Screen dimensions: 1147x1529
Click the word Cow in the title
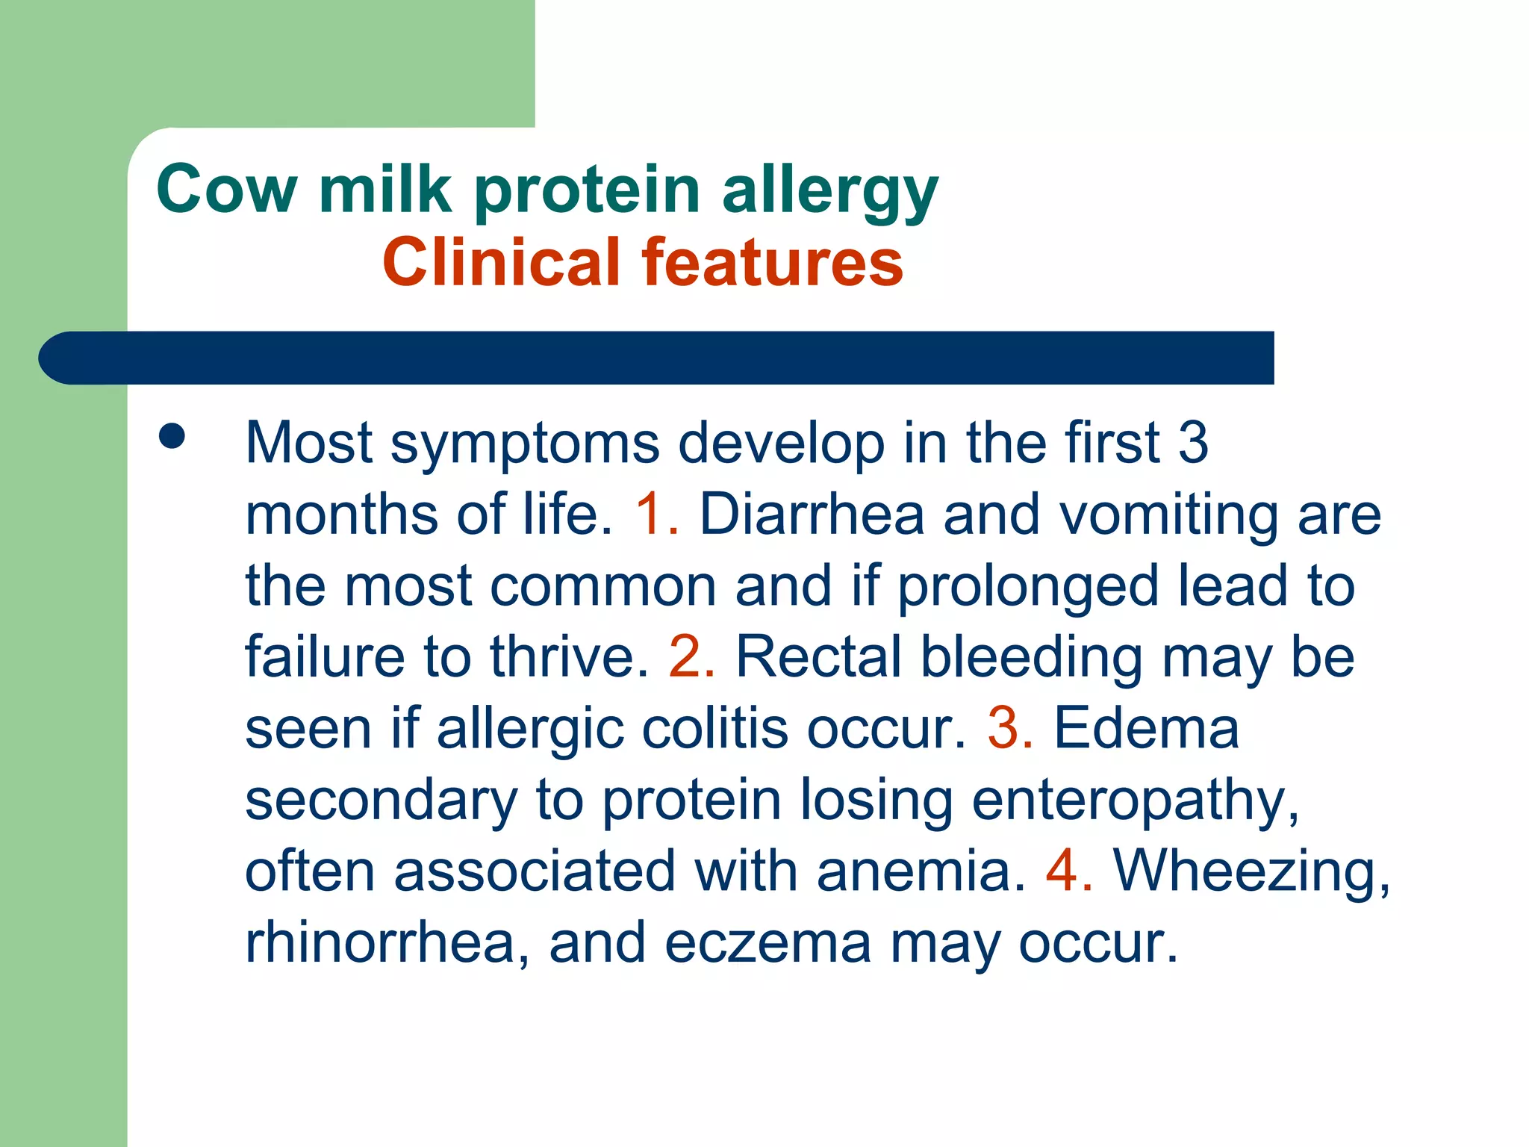click(x=227, y=190)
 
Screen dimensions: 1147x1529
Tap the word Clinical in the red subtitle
click(x=502, y=262)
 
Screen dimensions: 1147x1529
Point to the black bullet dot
click(x=172, y=437)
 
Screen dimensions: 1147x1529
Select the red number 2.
click(x=688, y=657)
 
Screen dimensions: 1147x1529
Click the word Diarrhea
click(x=812, y=515)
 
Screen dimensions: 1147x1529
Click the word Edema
click(x=1146, y=728)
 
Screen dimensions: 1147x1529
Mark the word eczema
click(x=767, y=942)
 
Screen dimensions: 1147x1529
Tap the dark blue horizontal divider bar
click(x=657, y=358)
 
